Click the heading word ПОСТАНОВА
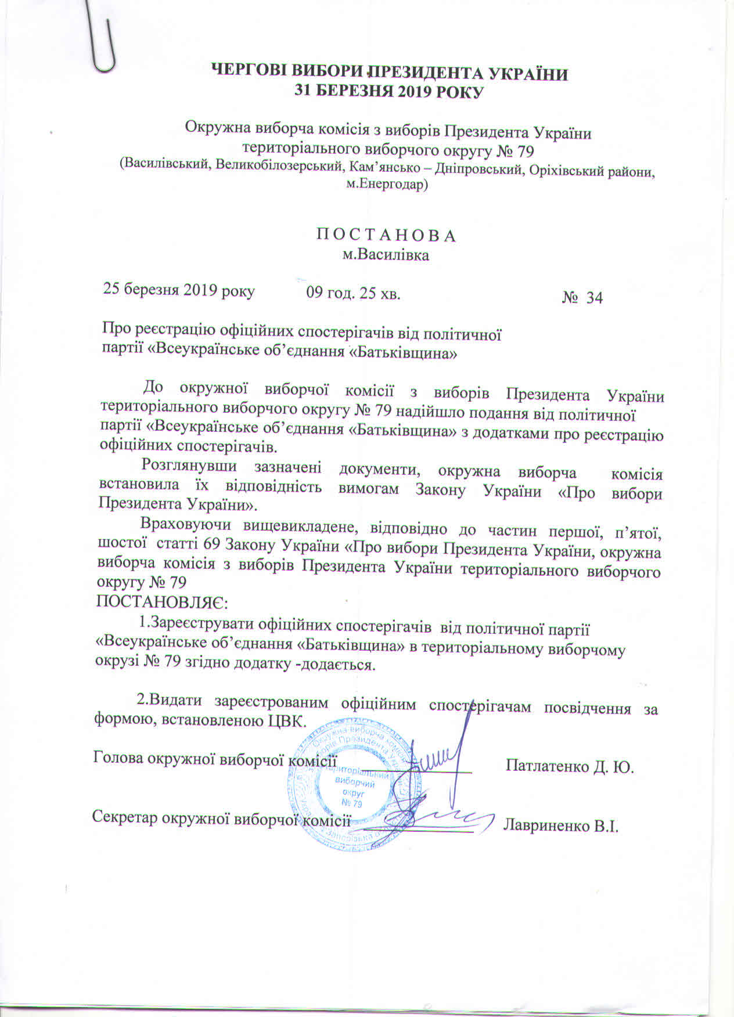click(386, 236)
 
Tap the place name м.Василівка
click(386, 255)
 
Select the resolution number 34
click(594, 298)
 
